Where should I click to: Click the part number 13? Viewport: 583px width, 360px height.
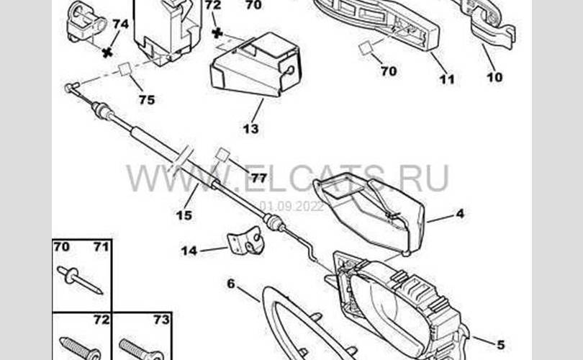250,130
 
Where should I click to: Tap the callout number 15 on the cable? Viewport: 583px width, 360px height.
184,215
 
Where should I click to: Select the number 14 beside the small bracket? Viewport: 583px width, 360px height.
189,251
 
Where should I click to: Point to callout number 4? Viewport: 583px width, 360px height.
459,214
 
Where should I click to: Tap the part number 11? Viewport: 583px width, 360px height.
447,79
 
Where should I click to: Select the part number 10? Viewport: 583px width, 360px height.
494,77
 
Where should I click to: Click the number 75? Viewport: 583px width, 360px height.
146,100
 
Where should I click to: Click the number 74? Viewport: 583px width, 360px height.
120,24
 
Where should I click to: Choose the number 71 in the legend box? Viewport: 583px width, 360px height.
100,248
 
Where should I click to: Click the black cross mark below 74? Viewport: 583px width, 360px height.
107,52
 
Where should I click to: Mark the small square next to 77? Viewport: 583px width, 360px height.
222,156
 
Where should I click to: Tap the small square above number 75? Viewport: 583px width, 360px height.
125,69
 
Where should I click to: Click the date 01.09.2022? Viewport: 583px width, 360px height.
292,206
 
